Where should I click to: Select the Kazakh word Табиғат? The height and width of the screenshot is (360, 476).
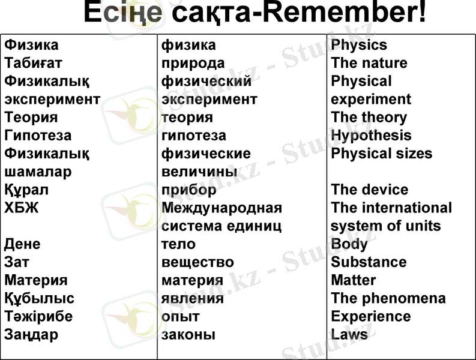pyautogui.click(x=34, y=63)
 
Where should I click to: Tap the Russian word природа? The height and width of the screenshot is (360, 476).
pyautogui.click(x=193, y=63)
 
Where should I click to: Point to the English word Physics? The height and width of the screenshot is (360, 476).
pyautogui.click(x=359, y=45)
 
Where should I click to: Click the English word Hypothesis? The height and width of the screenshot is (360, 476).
pyautogui.click(x=371, y=136)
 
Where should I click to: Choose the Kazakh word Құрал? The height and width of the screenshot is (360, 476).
pyautogui.click(x=26, y=190)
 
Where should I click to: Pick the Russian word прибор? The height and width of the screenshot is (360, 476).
pyautogui.click(x=189, y=190)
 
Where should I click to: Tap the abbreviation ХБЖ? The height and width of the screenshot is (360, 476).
pyautogui.click(x=22, y=208)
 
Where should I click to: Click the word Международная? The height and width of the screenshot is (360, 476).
pyautogui.click(x=221, y=208)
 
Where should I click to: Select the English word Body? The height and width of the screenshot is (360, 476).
pyautogui.click(x=349, y=244)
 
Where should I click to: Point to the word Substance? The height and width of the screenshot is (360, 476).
pyautogui.click(x=369, y=262)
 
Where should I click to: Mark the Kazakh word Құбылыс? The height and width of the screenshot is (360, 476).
pyautogui.click(x=40, y=298)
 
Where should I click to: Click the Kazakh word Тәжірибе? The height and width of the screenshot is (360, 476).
pyautogui.click(x=38, y=316)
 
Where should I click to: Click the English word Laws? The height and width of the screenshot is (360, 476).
pyautogui.click(x=349, y=334)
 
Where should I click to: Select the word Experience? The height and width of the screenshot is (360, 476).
pyautogui.click(x=370, y=316)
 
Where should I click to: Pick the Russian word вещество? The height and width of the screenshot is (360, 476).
pyautogui.click(x=197, y=262)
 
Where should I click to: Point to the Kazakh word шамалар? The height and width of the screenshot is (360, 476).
pyautogui.click(x=38, y=172)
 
